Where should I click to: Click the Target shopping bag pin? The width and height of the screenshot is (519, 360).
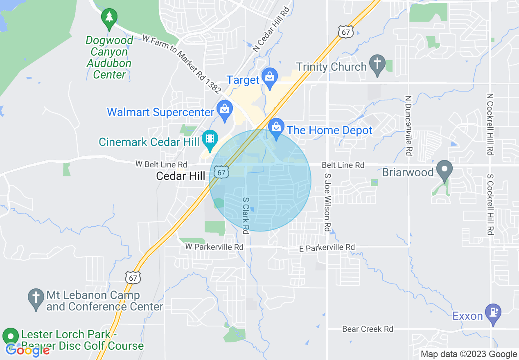270,77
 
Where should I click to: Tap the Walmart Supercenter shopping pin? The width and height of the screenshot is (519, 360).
224,110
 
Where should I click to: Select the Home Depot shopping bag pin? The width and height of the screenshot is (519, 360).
276,128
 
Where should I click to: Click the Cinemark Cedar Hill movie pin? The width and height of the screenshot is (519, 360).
210,139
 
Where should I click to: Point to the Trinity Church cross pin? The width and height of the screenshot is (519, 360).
377,64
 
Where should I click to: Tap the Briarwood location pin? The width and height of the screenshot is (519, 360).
444,170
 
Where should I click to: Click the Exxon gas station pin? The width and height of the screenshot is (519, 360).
493,313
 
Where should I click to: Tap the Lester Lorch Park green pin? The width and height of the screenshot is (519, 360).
11,337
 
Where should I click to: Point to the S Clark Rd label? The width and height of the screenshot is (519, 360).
246,216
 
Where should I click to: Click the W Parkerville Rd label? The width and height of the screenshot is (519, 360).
214,247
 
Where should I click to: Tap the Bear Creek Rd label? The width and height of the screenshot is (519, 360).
368,329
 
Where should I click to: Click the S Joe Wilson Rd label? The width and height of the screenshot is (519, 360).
327,202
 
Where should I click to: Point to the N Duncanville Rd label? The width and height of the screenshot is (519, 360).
408,126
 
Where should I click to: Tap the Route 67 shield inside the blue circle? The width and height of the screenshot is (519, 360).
221,172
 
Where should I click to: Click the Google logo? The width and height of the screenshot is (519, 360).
28,350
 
